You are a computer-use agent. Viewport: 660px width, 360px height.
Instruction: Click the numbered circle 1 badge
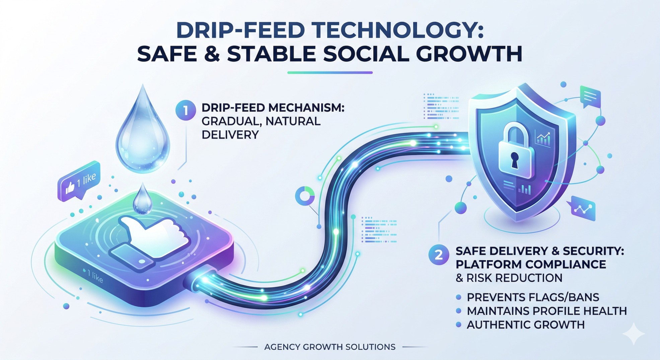(x=186, y=110)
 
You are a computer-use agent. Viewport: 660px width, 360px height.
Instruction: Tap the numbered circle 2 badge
(x=438, y=255)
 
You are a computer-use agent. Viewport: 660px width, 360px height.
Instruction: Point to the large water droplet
(x=143, y=134)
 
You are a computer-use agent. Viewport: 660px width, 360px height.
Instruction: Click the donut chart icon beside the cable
(x=305, y=196)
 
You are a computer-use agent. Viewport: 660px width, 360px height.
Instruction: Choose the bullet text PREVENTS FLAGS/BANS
(x=532, y=297)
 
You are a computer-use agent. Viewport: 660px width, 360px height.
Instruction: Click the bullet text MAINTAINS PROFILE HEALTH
(x=546, y=311)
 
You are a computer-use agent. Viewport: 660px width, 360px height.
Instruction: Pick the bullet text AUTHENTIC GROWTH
(x=525, y=325)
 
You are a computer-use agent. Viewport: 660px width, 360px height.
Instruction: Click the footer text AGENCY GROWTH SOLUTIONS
(x=330, y=347)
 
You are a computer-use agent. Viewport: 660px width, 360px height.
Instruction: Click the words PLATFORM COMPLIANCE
(x=531, y=264)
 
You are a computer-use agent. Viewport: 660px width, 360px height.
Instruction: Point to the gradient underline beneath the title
(x=330, y=72)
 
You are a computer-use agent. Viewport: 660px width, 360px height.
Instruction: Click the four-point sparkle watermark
(x=633, y=334)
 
